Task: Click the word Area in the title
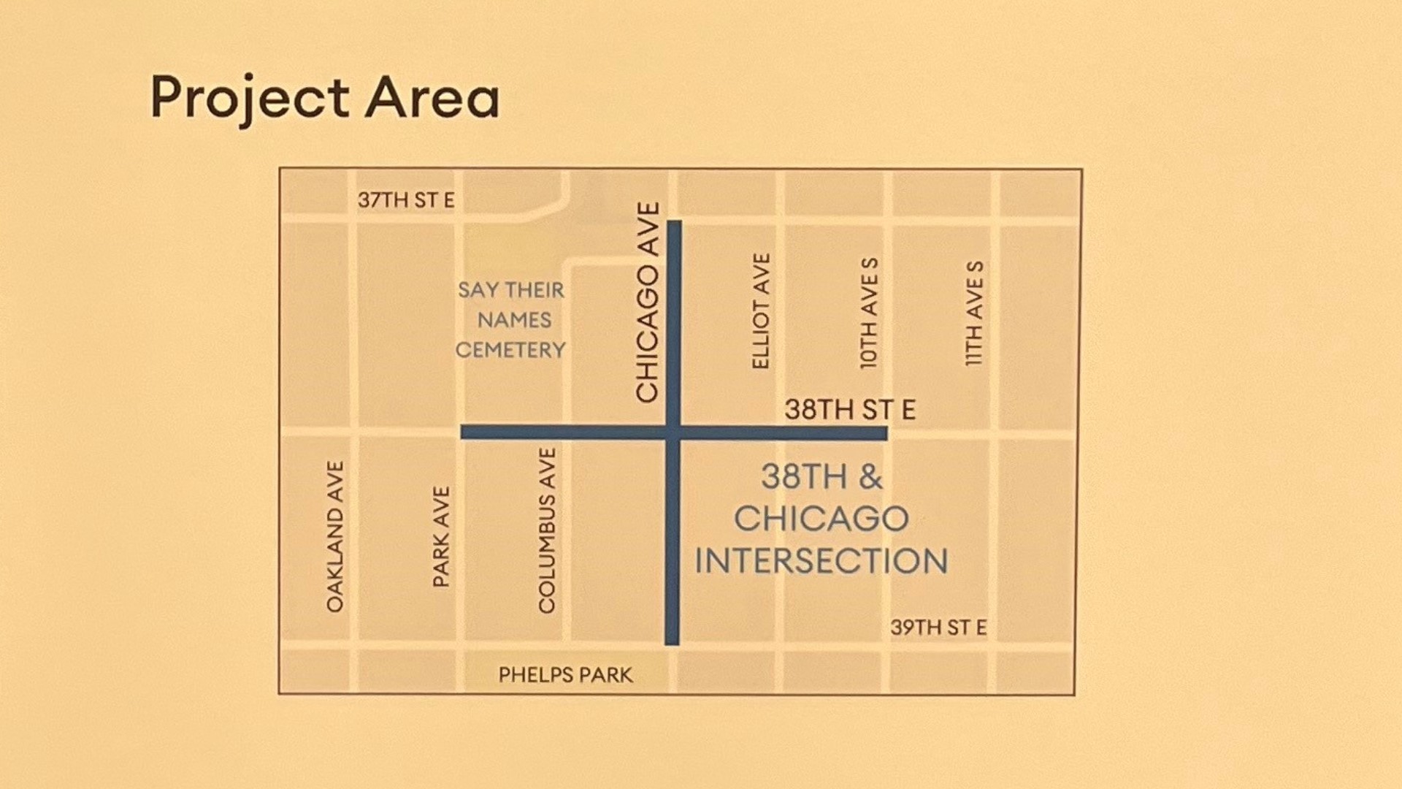(x=432, y=99)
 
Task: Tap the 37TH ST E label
(x=406, y=200)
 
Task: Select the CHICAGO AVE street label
(x=648, y=302)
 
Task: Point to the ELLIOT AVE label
(x=761, y=311)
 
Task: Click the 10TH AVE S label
(x=869, y=313)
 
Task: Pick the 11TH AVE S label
(x=975, y=313)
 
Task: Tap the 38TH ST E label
(x=850, y=410)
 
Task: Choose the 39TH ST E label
(x=938, y=628)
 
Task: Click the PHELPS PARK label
(x=565, y=675)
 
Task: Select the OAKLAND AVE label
(x=335, y=536)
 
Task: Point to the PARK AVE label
(x=442, y=537)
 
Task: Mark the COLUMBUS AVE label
(x=547, y=531)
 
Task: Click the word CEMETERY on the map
(x=510, y=351)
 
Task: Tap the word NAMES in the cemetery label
(x=514, y=320)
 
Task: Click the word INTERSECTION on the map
(x=821, y=562)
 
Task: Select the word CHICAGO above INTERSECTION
(x=821, y=519)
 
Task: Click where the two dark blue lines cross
(x=673, y=433)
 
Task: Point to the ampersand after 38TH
(x=870, y=477)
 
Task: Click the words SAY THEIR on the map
(x=511, y=290)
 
